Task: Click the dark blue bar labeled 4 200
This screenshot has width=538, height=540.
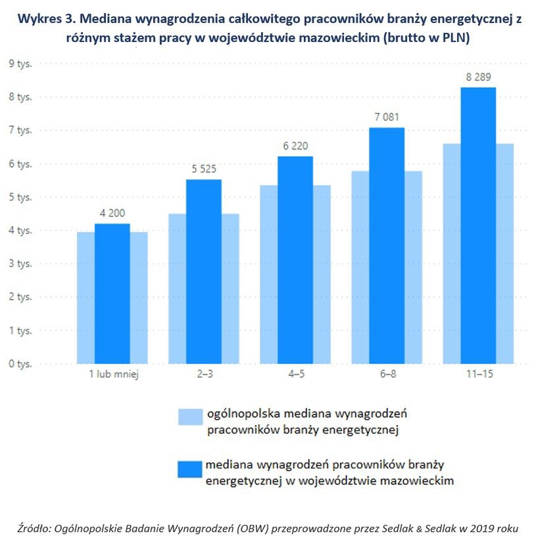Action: (x=112, y=294)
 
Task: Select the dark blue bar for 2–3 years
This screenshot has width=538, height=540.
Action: (x=203, y=271)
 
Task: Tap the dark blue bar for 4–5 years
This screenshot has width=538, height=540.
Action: (x=295, y=259)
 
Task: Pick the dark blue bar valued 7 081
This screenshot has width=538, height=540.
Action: (x=386, y=245)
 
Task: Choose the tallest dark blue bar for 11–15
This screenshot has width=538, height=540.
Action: (x=477, y=225)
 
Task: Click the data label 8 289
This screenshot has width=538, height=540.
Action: (x=477, y=78)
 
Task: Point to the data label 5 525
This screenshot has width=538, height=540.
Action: (x=203, y=170)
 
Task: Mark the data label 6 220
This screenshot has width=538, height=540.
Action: (x=295, y=147)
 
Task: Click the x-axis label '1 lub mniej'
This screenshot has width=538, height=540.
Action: (x=112, y=375)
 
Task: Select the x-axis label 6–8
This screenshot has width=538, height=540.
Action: (x=386, y=375)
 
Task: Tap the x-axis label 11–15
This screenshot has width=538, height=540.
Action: (x=477, y=375)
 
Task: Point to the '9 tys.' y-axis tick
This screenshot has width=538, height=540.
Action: (x=20, y=64)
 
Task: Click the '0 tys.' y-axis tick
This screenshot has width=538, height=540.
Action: (x=20, y=363)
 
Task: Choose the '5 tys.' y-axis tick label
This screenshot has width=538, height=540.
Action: (x=20, y=197)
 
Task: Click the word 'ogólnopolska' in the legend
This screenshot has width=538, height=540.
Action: (x=241, y=414)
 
